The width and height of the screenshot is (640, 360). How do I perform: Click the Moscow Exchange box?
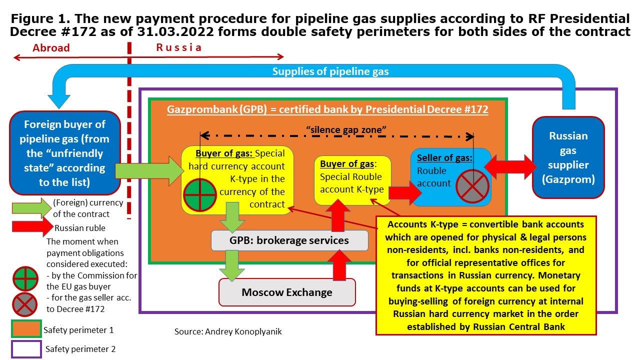[287, 292]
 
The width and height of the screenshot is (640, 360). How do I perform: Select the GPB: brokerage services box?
[289, 240]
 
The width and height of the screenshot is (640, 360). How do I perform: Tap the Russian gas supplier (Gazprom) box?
[568, 157]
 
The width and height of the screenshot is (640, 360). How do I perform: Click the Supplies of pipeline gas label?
[330, 71]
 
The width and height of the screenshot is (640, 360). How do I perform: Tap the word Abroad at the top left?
[51, 48]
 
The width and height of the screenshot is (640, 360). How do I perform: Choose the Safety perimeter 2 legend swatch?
[26, 348]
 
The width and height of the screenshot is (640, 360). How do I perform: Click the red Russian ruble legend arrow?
[31, 227]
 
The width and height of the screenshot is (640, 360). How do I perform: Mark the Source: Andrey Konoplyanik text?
[228, 331]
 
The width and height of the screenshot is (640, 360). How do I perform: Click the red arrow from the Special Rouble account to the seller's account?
[403, 191]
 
